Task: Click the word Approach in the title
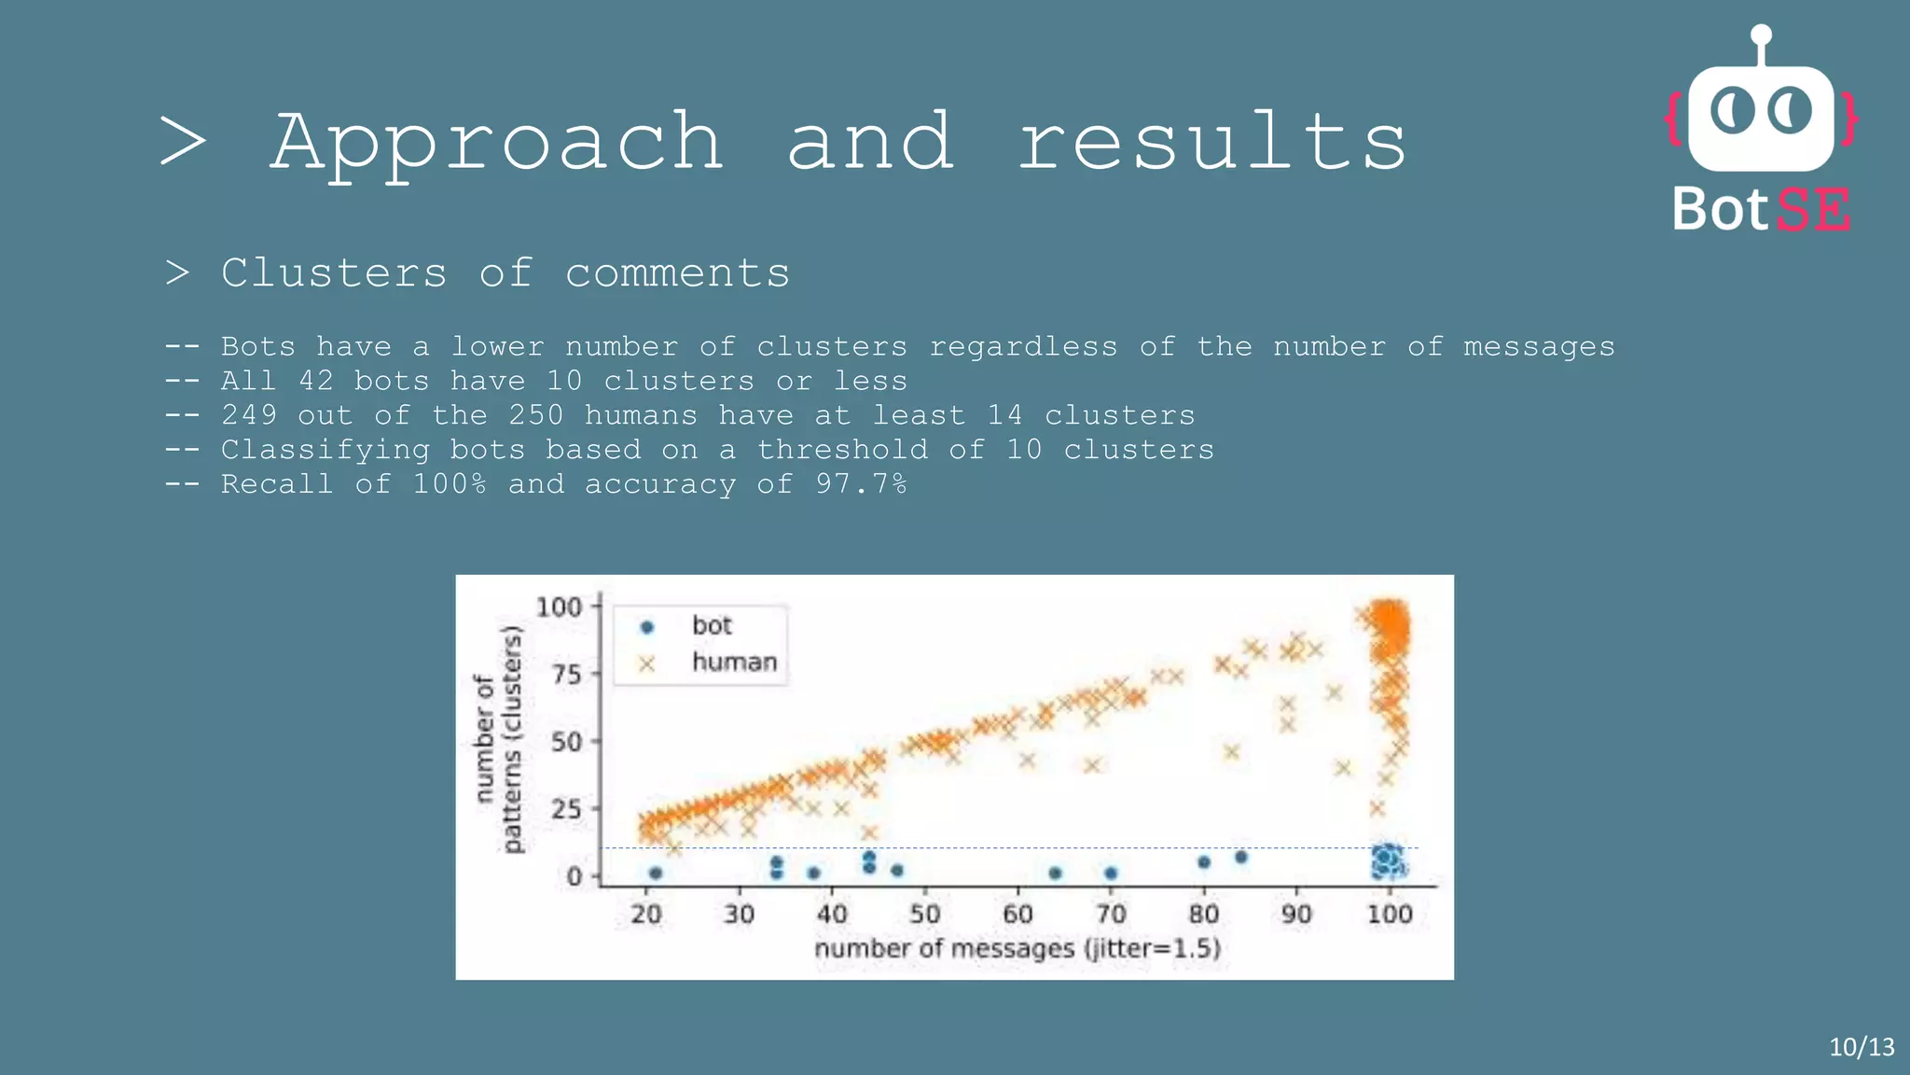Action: click(497, 142)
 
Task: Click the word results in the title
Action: click(1211, 142)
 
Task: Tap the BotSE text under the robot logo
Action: click(1761, 210)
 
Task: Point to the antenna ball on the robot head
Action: click(1761, 35)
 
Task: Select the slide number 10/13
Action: click(1862, 1047)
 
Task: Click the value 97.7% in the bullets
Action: click(860, 484)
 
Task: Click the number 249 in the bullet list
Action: click(249, 415)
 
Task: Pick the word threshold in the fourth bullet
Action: click(842, 450)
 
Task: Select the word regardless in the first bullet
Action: click(1023, 347)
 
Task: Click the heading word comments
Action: click(677, 273)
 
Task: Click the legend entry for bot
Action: click(711, 626)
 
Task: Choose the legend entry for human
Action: click(733, 663)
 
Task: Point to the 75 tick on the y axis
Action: click(566, 674)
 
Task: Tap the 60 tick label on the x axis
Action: click(1017, 914)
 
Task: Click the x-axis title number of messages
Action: click(1017, 949)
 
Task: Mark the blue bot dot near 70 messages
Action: click(1111, 873)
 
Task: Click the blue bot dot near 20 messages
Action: click(656, 873)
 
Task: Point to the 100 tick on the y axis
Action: click(559, 607)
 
